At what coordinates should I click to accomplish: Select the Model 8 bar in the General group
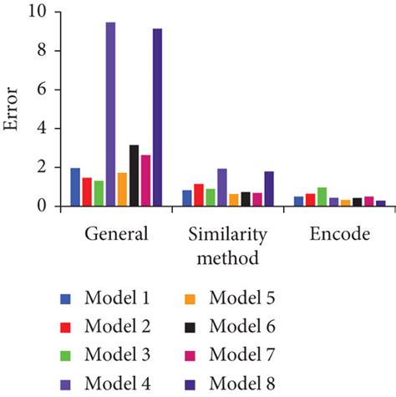click(157, 118)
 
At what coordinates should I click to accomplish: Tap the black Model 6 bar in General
click(134, 176)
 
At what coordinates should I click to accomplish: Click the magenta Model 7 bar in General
click(145, 181)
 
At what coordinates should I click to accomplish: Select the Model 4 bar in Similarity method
click(222, 187)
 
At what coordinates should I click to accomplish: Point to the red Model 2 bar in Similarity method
click(199, 195)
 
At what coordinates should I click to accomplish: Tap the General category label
click(116, 234)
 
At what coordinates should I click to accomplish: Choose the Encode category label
click(339, 234)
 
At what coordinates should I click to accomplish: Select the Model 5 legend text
click(241, 298)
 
